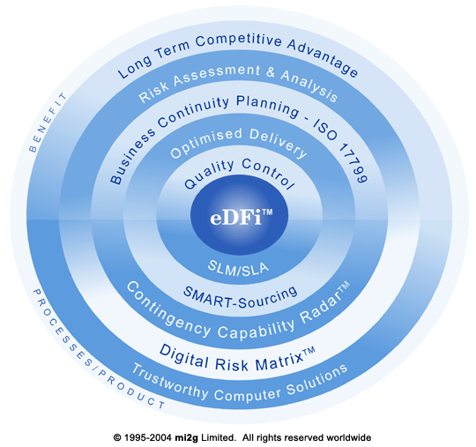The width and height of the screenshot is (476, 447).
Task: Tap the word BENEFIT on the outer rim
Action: click(x=47, y=122)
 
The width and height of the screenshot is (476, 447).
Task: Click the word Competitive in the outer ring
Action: click(x=238, y=41)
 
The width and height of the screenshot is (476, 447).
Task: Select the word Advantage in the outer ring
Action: click(x=324, y=57)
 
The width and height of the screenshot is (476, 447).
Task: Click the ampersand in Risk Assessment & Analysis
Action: click(x=271, y=72)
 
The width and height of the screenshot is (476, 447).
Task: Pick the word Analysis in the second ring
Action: click(x=309, y=86)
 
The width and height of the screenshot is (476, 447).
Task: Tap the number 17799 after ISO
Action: click(x=353, y=163)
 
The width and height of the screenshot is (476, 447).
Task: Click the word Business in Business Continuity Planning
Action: click(x=131, y=157)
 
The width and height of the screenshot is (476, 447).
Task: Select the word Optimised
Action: click(x=206, y=143)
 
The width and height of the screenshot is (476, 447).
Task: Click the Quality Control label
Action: click(x=239, y=174)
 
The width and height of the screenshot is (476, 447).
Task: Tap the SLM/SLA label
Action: click(x=238, y=268)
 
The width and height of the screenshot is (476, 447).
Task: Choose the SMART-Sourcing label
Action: click(x=241, y=297)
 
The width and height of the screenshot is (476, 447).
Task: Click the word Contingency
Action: click(x=167, y=309)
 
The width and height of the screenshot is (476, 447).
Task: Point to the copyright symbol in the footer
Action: click(x=117, y=437)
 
